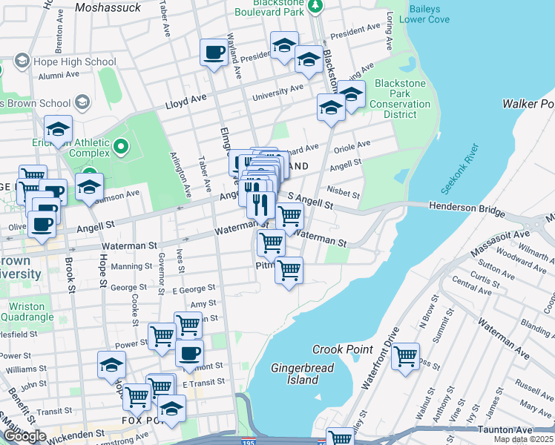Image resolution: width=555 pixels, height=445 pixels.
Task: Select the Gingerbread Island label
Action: click(295, 374)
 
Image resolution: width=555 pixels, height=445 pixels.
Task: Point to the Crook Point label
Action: click(337, 349)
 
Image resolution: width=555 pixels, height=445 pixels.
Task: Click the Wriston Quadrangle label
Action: click(27, 312)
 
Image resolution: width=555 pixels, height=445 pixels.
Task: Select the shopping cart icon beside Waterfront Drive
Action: click(405, 356)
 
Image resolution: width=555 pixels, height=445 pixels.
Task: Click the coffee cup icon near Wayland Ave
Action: click(214, 52)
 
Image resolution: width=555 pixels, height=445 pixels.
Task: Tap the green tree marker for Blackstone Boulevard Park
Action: click(315, 6)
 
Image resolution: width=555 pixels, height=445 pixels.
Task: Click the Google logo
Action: click(24, 437)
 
